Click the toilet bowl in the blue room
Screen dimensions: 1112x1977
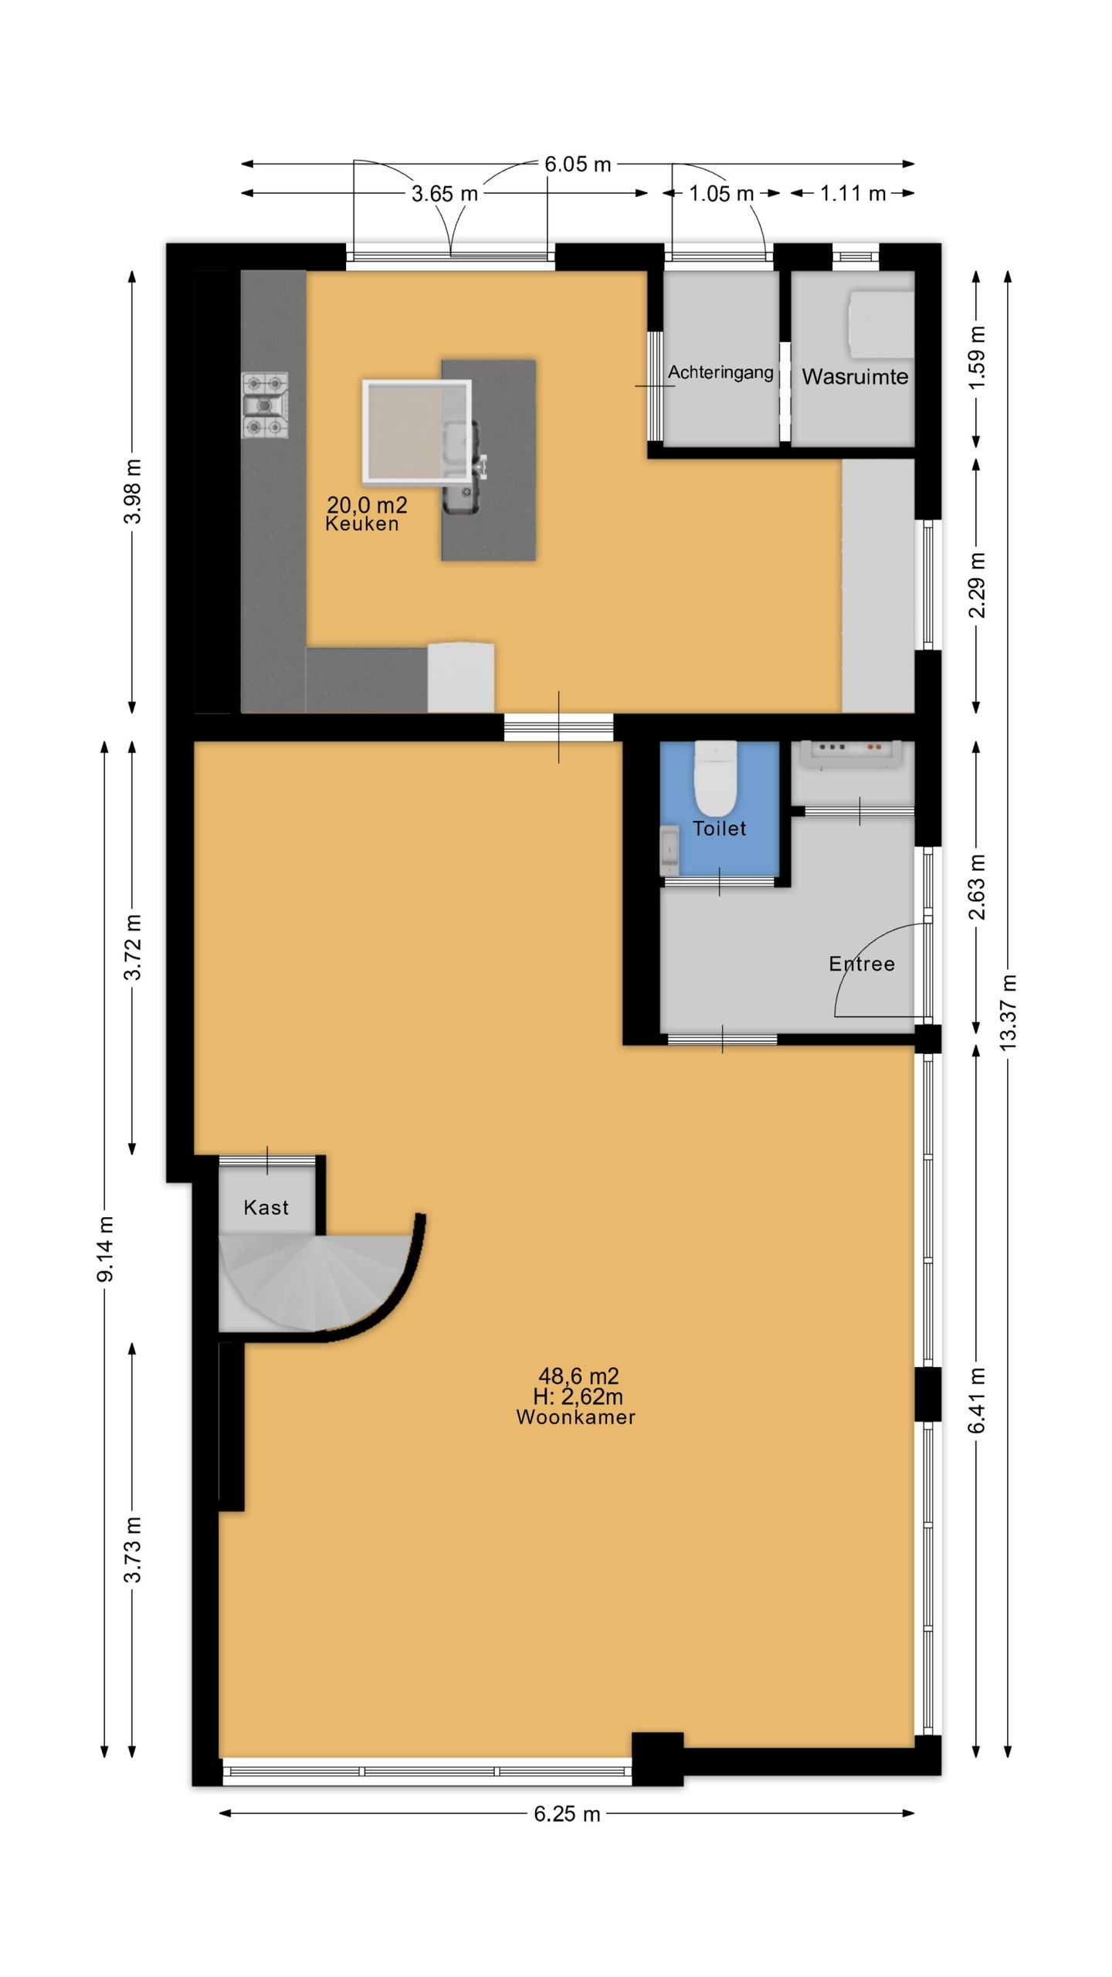716,778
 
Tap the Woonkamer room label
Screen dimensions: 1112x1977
576,1417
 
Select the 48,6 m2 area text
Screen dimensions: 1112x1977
578,1376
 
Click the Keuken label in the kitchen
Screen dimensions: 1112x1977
362,524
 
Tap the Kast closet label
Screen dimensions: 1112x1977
266,1208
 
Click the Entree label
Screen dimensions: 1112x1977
862,964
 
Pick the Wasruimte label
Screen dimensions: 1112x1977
855,377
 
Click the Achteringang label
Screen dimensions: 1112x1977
720,373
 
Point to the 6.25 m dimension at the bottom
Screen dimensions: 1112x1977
567,1814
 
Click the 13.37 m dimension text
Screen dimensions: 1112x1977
1008,1012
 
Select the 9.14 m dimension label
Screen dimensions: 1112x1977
105,1249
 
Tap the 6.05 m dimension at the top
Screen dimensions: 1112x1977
578,164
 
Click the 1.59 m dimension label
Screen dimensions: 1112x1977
977,358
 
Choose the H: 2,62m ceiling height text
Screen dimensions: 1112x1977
578,1396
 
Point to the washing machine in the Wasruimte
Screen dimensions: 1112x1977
880,324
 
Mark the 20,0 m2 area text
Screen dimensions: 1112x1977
367,505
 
